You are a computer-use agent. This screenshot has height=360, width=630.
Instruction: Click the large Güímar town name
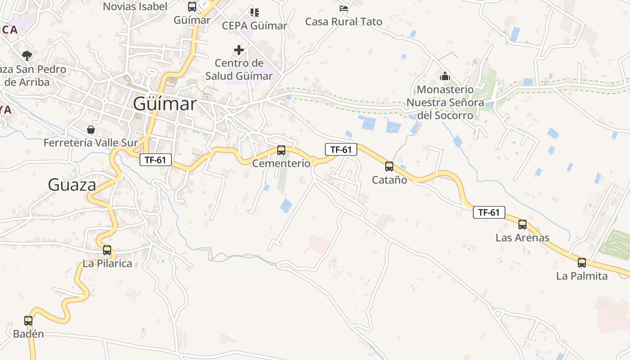165,104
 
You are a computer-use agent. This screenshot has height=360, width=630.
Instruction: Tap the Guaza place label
72,184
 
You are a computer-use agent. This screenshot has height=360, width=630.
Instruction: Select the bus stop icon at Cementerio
281,150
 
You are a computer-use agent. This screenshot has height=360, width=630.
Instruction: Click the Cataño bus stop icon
389,166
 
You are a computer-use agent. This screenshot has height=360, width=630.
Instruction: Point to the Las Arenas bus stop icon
522,224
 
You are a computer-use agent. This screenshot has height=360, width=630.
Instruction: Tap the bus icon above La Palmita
582,263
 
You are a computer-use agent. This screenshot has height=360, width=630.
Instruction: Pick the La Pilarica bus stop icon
107,250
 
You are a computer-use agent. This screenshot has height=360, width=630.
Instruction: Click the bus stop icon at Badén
28,321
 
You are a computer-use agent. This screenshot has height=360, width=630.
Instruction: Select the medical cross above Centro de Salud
239,50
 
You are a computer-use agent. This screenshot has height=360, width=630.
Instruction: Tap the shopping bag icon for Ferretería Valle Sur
91,130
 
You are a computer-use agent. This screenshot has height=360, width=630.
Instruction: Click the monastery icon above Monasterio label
445,76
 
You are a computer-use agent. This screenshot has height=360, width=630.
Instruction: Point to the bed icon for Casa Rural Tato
344,8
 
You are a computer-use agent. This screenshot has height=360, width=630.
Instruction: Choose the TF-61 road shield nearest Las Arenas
489,212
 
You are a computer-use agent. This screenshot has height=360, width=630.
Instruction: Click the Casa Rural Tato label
343,22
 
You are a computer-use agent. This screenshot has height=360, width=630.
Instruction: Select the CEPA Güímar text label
254,26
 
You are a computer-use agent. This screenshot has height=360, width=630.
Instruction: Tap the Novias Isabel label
135,6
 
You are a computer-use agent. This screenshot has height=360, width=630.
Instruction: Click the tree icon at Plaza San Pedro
27,56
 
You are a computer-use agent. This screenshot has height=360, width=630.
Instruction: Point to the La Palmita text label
581,276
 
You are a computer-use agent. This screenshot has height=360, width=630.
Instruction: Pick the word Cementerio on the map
281,163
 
